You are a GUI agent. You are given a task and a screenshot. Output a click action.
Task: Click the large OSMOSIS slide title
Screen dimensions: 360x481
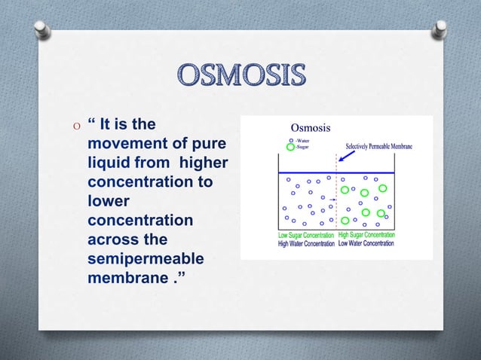point(240,76)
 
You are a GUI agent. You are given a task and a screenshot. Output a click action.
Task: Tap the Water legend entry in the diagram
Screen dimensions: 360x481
point(302,139)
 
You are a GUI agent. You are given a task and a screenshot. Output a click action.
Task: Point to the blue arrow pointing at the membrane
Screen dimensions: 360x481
point(348,155)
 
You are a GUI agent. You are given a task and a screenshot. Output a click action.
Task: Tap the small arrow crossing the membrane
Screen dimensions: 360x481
point(332,200)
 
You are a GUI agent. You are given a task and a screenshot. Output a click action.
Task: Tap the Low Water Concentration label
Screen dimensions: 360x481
point(371,243)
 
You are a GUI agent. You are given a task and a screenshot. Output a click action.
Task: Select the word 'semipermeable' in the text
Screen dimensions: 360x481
point(145,258)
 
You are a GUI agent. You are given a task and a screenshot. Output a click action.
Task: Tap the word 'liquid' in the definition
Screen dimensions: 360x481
point(110,163)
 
